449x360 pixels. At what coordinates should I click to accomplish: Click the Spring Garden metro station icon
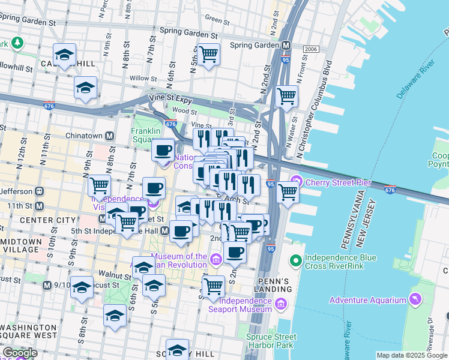click(x=286, y=45)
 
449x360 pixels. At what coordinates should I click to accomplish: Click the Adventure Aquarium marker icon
click(x=414, y=299)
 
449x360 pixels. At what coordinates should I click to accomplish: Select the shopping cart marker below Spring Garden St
click(x=208, y=54)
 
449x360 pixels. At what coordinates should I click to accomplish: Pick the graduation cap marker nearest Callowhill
click(x=64, y=55)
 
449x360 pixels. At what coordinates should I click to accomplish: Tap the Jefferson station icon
click(x=39, y=191)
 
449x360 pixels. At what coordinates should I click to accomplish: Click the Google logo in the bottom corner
click(x=20, y=353)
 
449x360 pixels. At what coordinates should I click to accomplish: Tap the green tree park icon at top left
click(x=17, y=43)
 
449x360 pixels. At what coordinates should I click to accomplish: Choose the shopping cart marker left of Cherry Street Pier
click(x=288, y=192)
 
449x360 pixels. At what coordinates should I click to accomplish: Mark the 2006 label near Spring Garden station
click(x=310, y=49)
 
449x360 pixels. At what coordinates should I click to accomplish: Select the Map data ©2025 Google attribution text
click(x=412, y=355)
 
